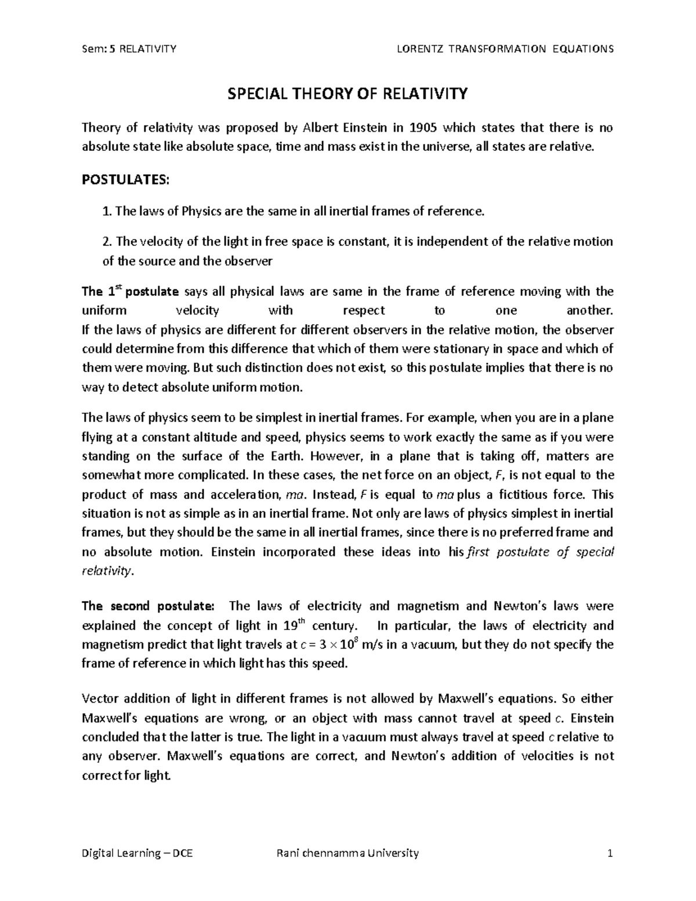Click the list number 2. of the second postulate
[x=107, y=241]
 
